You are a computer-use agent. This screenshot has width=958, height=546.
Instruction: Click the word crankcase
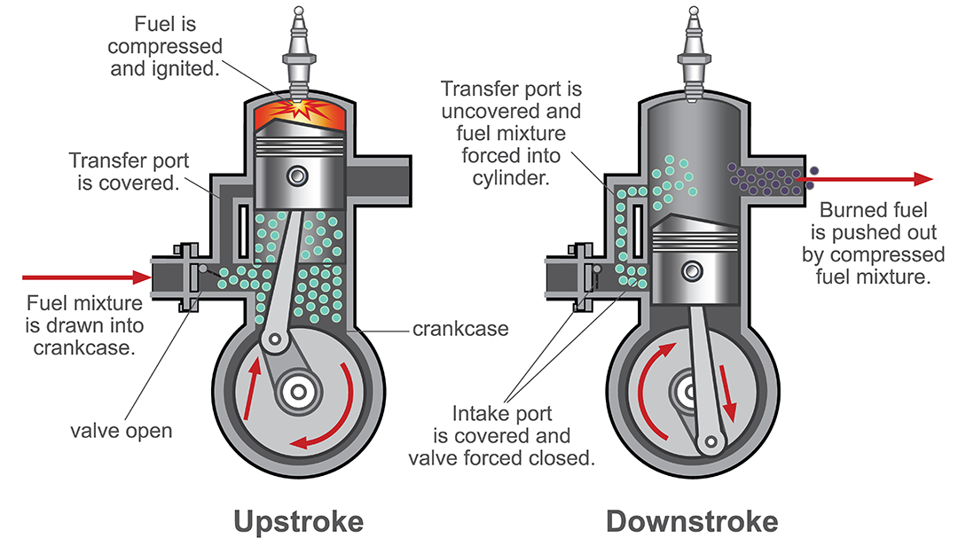[460, 329]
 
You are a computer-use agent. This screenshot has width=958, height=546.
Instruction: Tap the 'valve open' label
[122, 432]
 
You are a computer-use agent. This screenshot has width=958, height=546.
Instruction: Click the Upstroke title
[298, 521]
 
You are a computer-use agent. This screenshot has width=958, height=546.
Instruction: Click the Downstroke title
[692, 521]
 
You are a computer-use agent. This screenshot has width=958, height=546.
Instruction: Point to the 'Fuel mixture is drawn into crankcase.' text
[85, 324]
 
